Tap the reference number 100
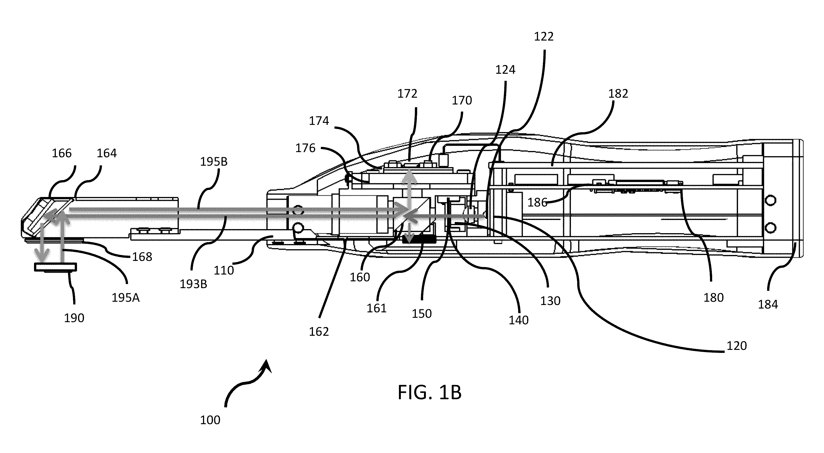210,420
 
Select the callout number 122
544,37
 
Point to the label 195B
214,162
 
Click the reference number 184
768,304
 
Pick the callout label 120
737,346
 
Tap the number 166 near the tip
62,153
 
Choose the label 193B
193,284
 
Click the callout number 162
319,332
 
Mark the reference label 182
618,94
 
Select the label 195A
125,298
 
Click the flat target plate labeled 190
56,267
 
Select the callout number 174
319,121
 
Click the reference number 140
518,320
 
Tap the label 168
142,257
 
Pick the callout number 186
537,202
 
